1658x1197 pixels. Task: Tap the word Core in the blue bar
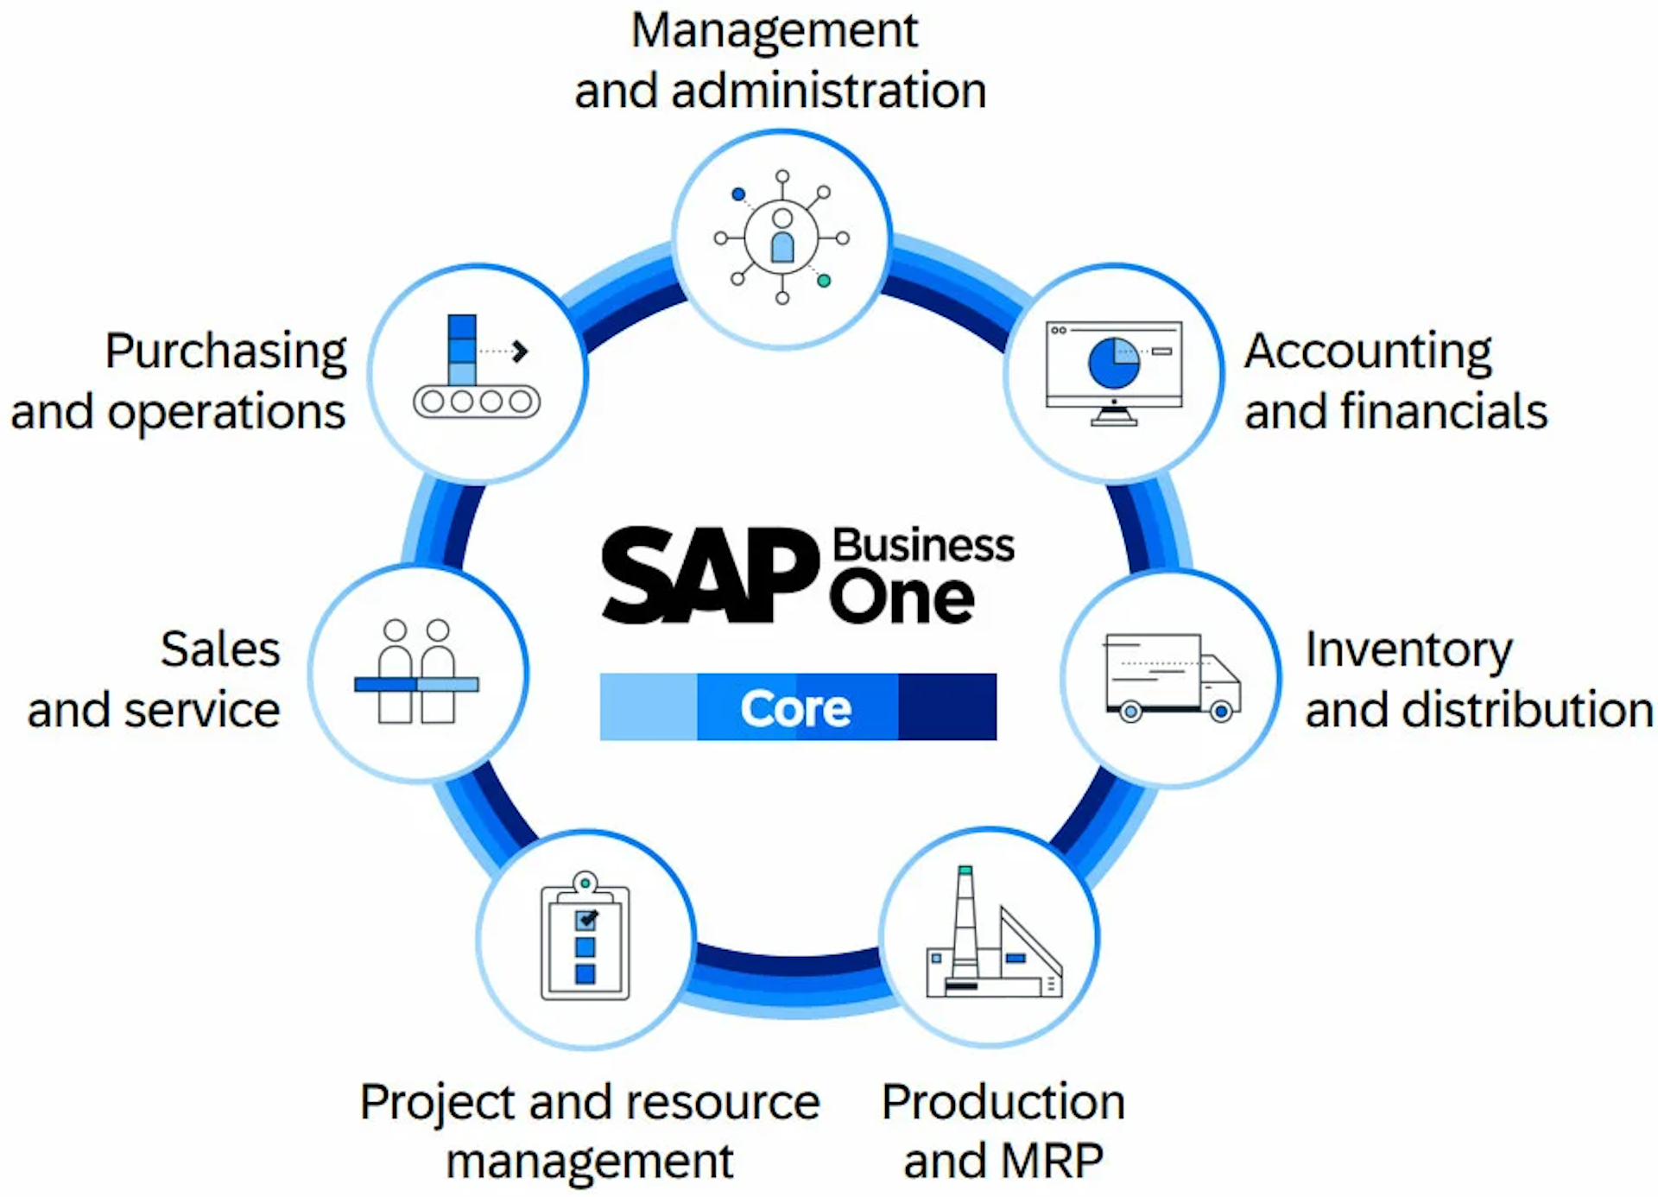795,708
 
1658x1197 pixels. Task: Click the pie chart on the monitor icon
1114,363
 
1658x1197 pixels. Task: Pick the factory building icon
994,932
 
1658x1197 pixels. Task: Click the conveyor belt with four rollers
477,402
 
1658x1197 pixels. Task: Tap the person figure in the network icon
782,235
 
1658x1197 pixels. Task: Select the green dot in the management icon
824,281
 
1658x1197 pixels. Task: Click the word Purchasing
226,352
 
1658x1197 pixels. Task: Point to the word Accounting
1368,352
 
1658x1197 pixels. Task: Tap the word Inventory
1408,651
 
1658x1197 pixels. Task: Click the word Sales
220,649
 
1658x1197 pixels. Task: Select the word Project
438,1104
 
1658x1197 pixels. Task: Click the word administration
829,91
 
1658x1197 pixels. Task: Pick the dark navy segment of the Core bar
947,706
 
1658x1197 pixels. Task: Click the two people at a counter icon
416,671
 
